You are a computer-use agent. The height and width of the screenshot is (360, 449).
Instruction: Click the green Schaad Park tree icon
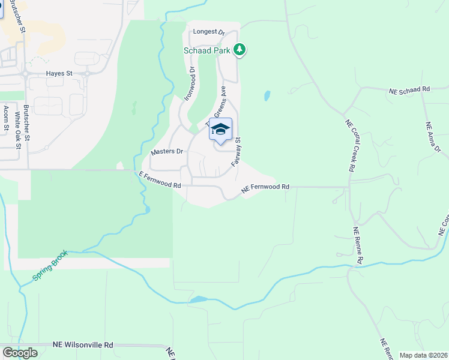[x=240, y=50]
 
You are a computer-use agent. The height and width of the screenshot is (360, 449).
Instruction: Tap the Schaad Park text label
[x=208, y=50]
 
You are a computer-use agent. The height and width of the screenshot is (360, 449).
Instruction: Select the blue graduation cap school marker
[x=220, y=130]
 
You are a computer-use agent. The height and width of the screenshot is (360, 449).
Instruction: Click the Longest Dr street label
[x=208, y=32]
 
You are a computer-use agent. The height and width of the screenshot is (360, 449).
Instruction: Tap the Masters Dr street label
[x=166, y=152]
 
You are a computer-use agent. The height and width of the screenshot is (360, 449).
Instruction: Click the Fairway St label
[x=238, y=151]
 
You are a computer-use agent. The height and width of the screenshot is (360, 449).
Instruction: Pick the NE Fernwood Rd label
[x=265, y=188]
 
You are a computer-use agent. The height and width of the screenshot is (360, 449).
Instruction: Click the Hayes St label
[x=59, y=73]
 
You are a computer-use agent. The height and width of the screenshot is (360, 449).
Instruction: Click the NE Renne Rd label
[x=359, y=246]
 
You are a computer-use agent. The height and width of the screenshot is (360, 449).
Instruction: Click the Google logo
[x=20, y=353]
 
